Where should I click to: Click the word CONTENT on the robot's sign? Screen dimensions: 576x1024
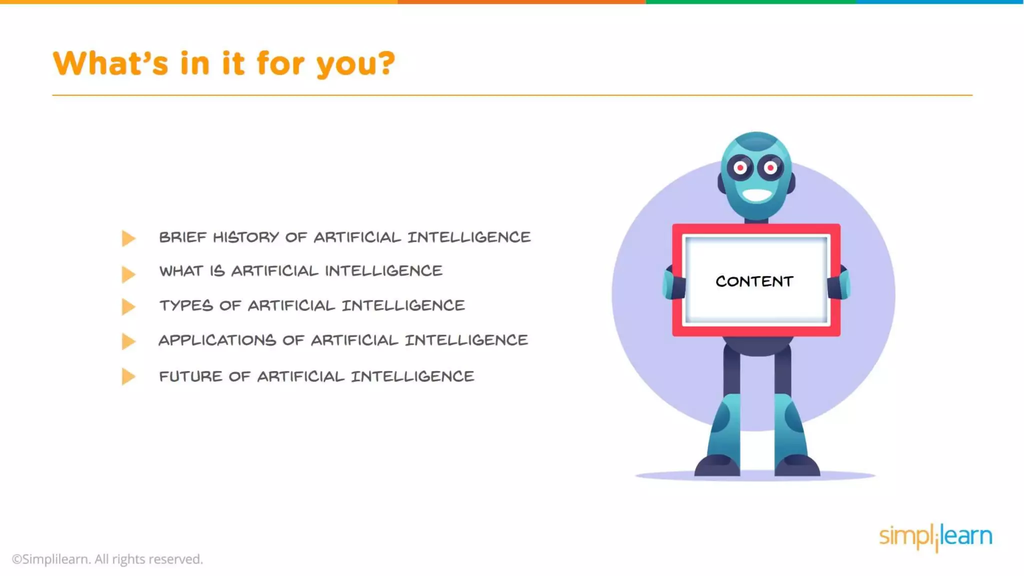pos(754,281)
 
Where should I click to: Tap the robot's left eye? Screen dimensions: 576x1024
pos(740,168)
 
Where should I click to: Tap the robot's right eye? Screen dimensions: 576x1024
pos(770,167)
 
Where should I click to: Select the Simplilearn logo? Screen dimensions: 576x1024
pos(935,537)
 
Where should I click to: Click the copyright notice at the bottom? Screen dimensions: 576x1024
pos(107,559)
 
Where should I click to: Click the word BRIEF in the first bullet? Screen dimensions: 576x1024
pos(182,237)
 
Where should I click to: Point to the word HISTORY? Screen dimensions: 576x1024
pos(246,237)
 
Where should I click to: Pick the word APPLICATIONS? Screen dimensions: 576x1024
pos(217,340)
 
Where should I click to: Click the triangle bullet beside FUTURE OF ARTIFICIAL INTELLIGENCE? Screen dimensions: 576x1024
pos(128,376)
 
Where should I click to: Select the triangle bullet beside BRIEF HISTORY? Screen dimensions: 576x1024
pos(128,238)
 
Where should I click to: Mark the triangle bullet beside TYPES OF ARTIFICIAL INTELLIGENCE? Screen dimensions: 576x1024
pos(128,306)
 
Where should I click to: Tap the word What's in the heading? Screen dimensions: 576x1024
pos(110,63)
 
